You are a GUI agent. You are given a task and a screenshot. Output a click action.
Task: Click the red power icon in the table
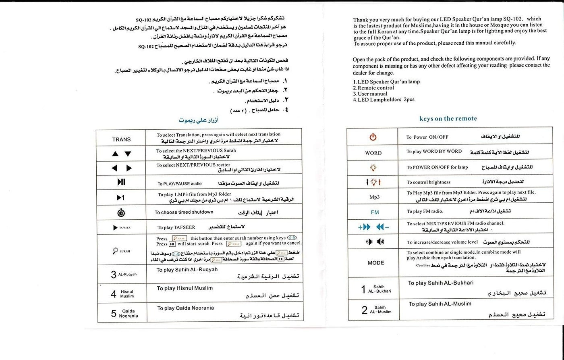click(x=373, y=137)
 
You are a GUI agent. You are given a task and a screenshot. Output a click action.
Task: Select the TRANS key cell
click(x=121, y=139)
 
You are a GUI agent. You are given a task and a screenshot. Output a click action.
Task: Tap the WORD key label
click(x=373, y=153)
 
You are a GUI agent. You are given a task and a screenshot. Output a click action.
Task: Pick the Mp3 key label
click(x=374, y=197)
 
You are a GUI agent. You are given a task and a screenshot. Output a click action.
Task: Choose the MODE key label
click(x=376, y=263)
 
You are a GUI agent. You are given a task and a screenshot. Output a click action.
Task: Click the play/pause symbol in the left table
click(x=121, y=182)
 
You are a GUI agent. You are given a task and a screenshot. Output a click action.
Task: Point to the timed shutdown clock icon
click(x=121, y=213)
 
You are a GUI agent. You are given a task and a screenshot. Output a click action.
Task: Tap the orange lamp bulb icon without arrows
click(x=373, y=167)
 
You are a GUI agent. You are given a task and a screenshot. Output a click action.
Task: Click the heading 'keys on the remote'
click(x=448, y=119)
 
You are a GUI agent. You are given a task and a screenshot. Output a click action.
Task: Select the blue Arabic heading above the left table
click(x=199, y=120)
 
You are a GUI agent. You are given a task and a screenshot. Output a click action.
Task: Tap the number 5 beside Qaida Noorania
click(x=114, y=314)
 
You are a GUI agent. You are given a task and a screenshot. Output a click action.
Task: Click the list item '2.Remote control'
click(x=373, y=87)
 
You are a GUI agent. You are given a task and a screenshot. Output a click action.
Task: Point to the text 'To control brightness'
click(x=429, y=182)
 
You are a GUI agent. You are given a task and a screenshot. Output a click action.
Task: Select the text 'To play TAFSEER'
click(x=176, y=227)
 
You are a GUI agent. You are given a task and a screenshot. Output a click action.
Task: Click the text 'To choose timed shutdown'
click(x=184, y=212)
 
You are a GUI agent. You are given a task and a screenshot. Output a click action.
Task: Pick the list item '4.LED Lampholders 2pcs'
click(x=384, y=100)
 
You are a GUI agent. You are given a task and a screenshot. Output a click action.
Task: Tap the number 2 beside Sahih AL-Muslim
click(x=365, y=310)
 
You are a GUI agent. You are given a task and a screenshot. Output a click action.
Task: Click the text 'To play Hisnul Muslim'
click(x=185, y=288)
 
